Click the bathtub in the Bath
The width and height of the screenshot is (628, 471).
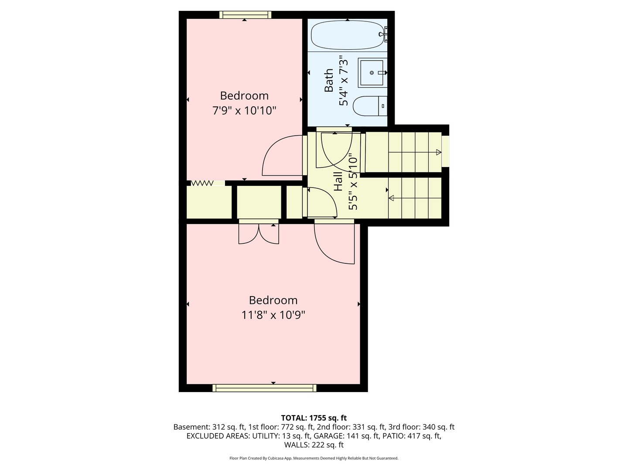[347, 35]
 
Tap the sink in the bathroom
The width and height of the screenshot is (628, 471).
[372, 73]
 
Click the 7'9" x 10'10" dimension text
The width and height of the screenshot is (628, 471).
[244, 111]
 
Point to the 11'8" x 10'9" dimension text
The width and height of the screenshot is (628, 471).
[273, 315]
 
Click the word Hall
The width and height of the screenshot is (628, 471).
[338, 181]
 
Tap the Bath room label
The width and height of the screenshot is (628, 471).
[329, 80]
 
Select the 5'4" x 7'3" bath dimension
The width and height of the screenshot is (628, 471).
[344, 80]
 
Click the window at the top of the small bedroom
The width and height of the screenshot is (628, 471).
[245, 15]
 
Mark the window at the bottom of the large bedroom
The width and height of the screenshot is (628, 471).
[264, 388]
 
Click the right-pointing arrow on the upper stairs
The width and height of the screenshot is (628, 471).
[438, 152]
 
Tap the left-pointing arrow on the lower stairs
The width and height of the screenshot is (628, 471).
[392, 198]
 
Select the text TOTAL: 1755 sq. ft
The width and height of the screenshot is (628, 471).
[314, 418]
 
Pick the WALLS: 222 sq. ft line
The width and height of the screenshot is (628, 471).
[314, 445]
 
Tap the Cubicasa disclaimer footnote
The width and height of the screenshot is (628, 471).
[314, 458]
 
